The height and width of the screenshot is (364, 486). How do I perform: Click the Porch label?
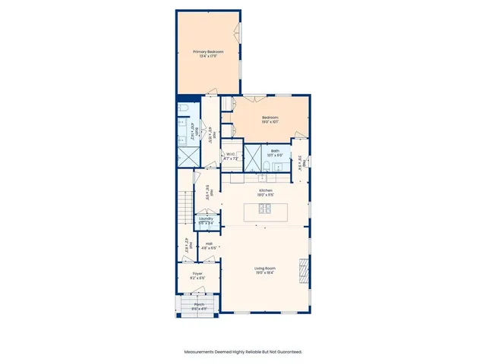(198, 306)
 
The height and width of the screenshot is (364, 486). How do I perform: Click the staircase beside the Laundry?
(186, 206)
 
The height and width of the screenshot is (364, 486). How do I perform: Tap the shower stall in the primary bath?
(187, 157)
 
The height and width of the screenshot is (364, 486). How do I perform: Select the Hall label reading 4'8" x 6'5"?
(208, 246)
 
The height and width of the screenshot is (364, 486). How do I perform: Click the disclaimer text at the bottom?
(243, 352)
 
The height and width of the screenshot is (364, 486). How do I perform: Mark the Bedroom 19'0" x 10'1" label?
(271, 119)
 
